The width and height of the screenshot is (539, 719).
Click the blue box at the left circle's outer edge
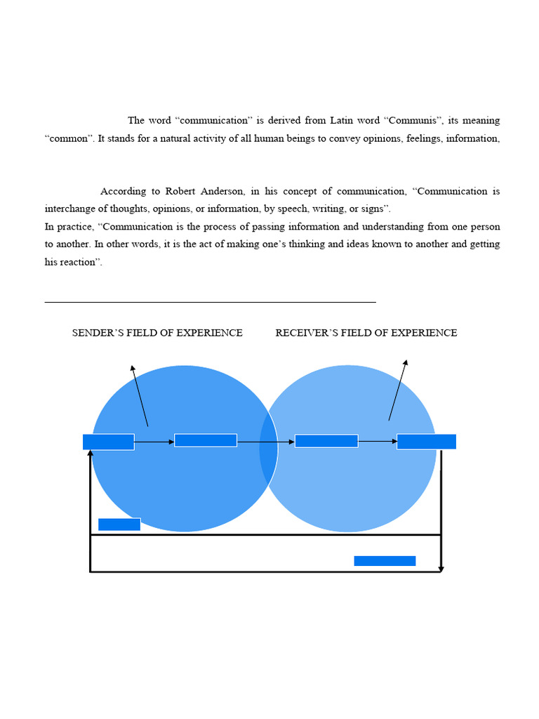(x=109, y=442)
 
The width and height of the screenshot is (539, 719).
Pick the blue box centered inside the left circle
(x=206, y=440)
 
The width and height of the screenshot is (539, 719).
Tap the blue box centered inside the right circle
(x=326, y=441)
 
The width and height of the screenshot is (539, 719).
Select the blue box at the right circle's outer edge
(x=426, y=442)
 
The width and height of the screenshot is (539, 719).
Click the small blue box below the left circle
(x=119, y=525)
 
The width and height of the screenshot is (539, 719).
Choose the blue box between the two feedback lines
(x=385, y=561)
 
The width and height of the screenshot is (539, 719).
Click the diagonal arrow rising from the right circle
(x=398, y=390)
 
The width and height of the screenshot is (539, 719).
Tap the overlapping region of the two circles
(x=269, y=449)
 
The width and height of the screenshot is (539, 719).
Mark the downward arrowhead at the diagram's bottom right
(x=441, y=567)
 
